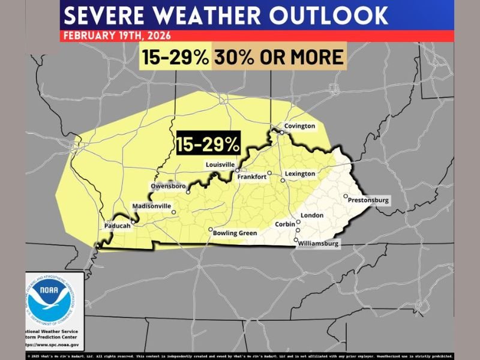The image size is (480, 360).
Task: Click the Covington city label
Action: coord(300,126)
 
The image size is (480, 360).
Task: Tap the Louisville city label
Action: coord(220,163)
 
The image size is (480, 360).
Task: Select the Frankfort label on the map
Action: coord(251,177)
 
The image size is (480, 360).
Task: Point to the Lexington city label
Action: coord(299,174)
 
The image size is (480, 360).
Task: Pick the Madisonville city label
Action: coord(151,206)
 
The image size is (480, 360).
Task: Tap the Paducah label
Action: coord(117,227)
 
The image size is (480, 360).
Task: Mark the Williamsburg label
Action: coord(319,244)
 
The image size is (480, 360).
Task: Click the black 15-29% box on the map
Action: coord(208,144)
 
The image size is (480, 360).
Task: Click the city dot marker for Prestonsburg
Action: coord(346,196)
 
